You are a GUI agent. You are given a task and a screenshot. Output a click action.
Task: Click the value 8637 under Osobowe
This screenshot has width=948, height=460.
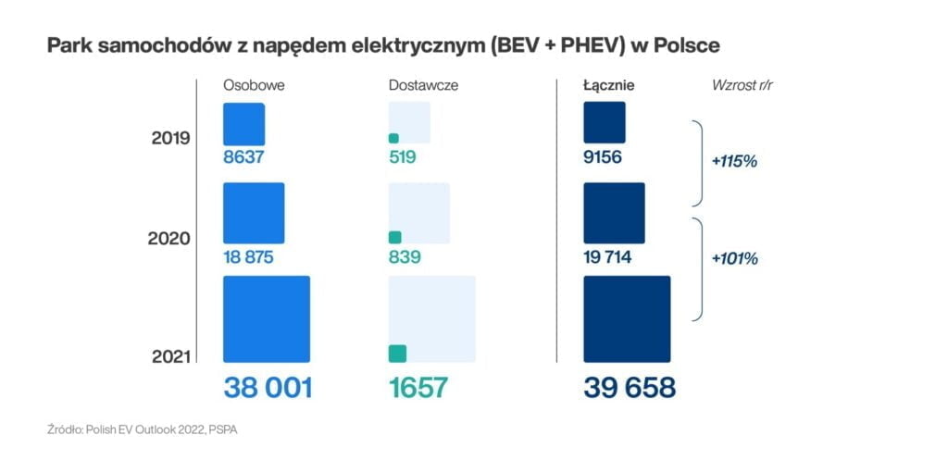pyautogui.click(x=244, y=157)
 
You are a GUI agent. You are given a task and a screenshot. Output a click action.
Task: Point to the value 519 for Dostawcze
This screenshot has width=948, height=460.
pyautogui.click(x=403, y=157)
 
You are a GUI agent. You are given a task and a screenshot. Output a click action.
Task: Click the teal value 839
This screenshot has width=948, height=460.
pyautogui.click(x=405, y=257)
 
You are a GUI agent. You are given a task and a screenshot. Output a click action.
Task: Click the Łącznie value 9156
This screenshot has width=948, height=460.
pyautogui.click(x=603, y=157)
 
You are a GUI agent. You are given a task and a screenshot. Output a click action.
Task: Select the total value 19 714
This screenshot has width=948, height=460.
pyautogui.click(x=607, y=257)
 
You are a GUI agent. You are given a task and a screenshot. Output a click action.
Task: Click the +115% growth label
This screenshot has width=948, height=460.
pyautogui.click(x=735, y=161)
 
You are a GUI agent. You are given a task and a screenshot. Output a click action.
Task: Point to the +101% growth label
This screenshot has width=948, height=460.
pyautogui.click(x=735, y=259)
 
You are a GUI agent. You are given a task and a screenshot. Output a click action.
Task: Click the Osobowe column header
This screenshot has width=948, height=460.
pyautogui.click(x=253, y=85)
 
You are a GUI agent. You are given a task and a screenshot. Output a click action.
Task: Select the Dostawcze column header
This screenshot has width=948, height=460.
pyautogui.click(x=423, y=85)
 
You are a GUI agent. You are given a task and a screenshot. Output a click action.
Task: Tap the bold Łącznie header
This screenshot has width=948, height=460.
pyautogui.click(x=608, y=85)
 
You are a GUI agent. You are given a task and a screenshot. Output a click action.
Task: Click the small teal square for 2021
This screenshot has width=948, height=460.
pyautogui.click(x=397, y=354)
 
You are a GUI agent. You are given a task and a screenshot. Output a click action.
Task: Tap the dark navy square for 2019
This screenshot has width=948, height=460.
pyautogui.click(x=605, y=122)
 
